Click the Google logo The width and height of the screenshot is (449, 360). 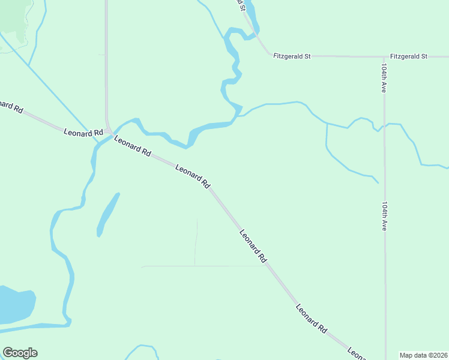pyautogui.click(x=20, y=353)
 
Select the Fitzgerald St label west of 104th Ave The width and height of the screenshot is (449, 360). pyautogui.click(x=292, y=56)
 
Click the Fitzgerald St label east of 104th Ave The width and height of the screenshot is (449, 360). pyautogui.click(x=408, y=56)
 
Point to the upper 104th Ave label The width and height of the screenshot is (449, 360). pyautogui.click(x=382, y=77)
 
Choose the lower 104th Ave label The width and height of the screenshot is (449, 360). pyautogui.click(x=384, y=215)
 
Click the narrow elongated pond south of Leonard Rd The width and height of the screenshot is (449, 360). pyautogui.click(x=107, y=215)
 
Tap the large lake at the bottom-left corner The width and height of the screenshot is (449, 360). pyautogui.click(x=14, y=305)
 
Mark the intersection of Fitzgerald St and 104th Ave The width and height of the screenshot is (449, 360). pyautogui.click(x=384, y=57)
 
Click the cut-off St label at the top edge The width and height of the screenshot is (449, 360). pyautogui.click(x=241, y=5)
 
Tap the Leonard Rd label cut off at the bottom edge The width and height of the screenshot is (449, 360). pyautogui.click(x=357, y=354)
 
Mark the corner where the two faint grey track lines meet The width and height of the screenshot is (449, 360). pyautogui.click(x=194, y=266)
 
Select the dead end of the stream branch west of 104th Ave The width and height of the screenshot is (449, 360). pyautogui.click(x=378, y=182)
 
